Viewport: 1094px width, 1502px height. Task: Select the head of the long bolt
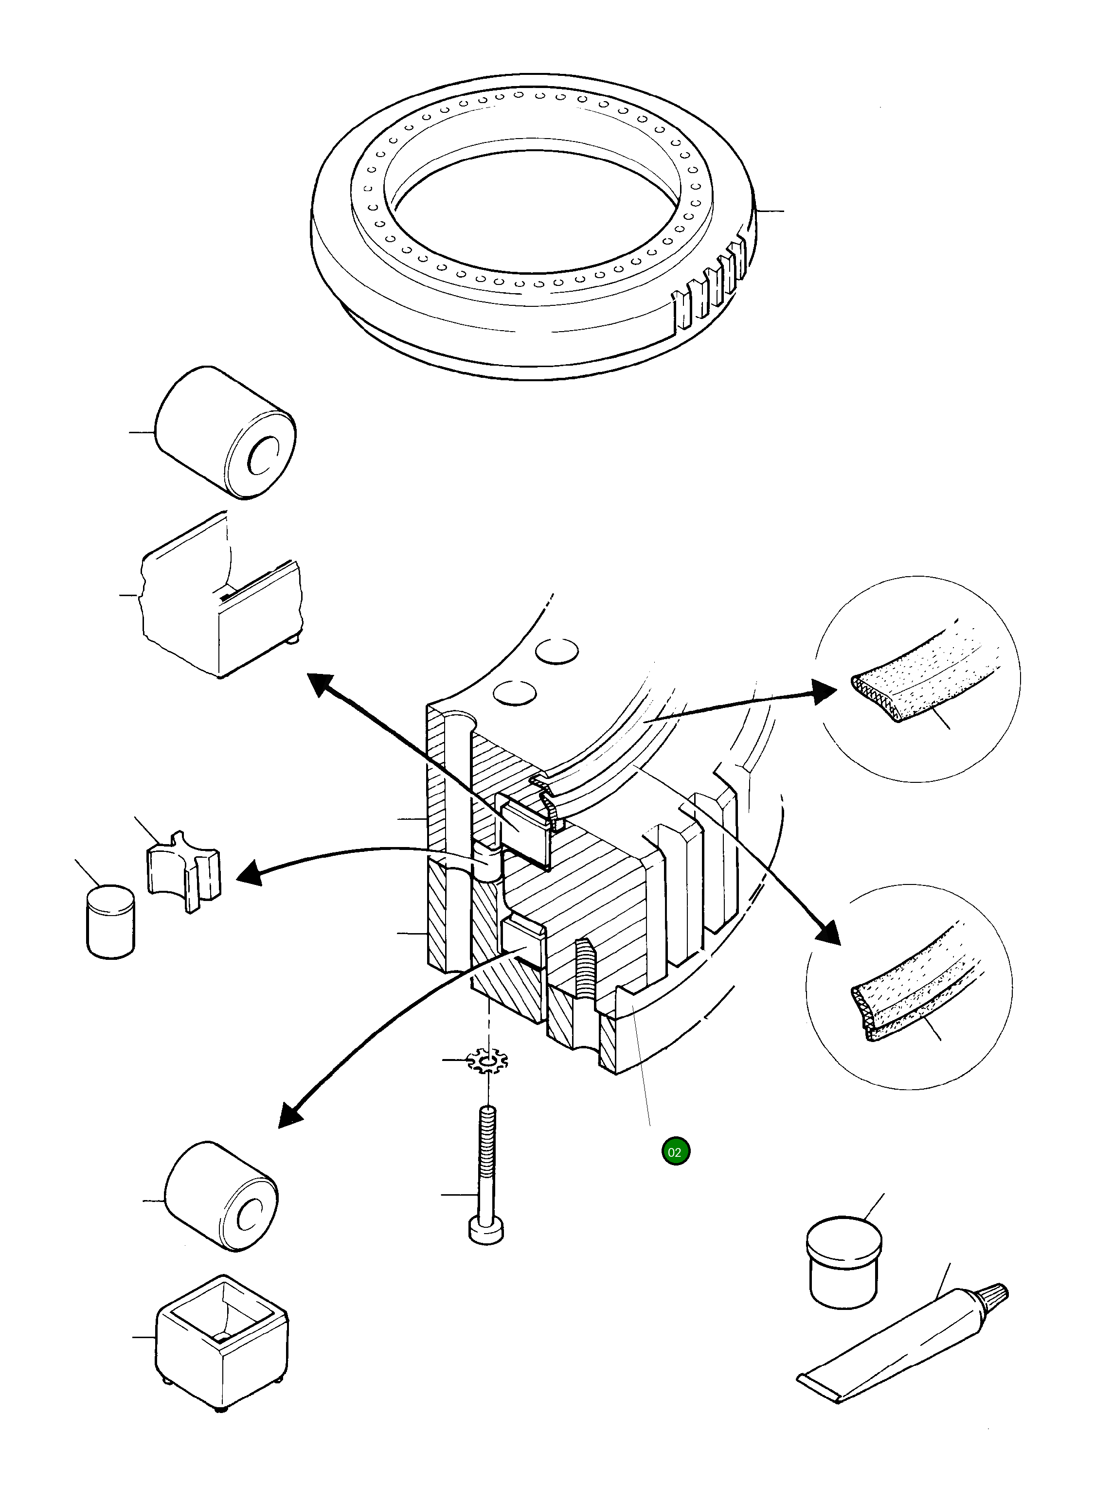487,1231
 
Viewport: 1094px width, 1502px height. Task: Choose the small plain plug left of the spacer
110,920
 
